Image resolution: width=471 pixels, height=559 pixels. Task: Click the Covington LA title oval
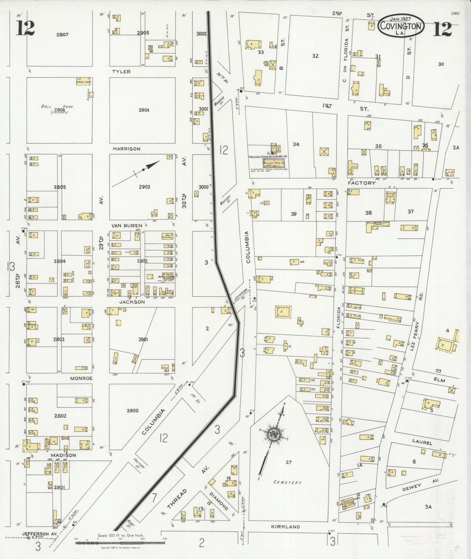401,25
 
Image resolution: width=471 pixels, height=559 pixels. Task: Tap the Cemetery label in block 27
287,482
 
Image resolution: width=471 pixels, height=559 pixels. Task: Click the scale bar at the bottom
120,543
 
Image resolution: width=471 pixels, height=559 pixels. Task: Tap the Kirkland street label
286,526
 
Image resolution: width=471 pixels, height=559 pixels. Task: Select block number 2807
62,34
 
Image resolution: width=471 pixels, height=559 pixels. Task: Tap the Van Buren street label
127,225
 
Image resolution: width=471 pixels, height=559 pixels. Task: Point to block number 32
315,56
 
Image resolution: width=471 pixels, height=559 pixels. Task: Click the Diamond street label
219,501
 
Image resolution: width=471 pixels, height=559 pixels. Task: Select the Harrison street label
126,149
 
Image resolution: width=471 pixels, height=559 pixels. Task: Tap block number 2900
133,410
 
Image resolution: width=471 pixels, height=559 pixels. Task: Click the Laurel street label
422,443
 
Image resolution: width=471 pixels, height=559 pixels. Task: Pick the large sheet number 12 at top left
25,28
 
